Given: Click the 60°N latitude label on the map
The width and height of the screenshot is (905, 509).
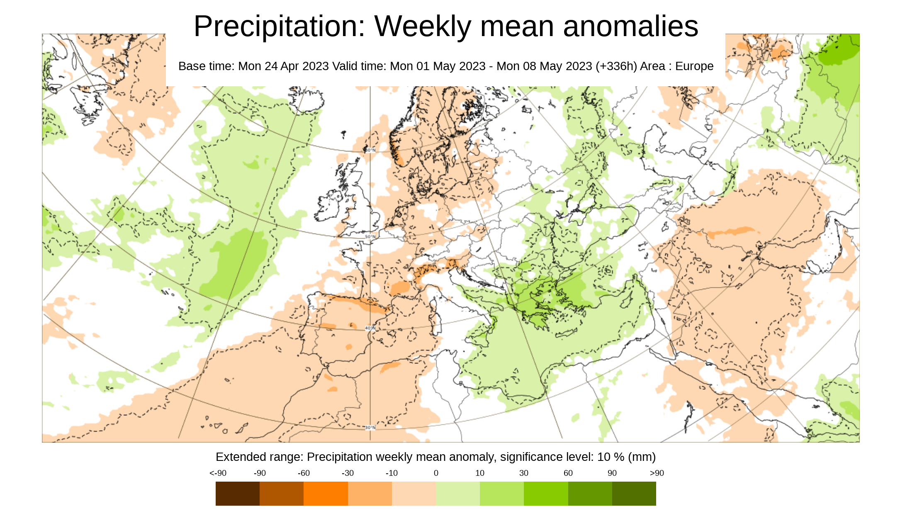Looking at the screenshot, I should pyautogui.click(x=370, y=150).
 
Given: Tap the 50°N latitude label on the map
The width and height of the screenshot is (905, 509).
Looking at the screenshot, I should pyautogui.click(x=370, y=237).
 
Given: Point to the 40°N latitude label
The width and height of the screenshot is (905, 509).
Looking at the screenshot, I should pyautogui.click(x=370, y=328).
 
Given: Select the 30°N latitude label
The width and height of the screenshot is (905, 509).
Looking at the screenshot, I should pyautogui.click(x=370, y=428).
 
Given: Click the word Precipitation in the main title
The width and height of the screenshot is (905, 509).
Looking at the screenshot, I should pyautogui.click(x=279, y=27).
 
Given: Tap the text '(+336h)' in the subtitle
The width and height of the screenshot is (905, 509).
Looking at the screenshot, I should pyautogui.click(x=616, y=66).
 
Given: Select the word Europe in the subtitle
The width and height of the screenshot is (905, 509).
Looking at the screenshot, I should pyautogui.click(x=694, y=66).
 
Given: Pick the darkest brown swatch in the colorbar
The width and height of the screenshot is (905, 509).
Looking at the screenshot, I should pyautogui.click(x=237, y=493).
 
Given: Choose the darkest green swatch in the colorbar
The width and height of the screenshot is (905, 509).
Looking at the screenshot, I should pyautogui.click(x=634, y=493).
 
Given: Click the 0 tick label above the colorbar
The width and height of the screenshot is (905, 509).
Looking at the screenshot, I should pyautogui.click(x=436, y=473).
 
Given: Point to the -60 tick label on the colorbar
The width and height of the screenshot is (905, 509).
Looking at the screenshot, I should pyautogui.click(x=304, y=473).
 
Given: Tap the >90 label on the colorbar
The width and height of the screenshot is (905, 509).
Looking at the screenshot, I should pyautogui.click(x=657, y=473).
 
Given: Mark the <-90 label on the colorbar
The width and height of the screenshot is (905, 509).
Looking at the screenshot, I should pyautogui.click(x=218, y=473).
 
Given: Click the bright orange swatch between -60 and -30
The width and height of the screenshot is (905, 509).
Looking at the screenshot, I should pyautogui.click(x=326, y=493).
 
